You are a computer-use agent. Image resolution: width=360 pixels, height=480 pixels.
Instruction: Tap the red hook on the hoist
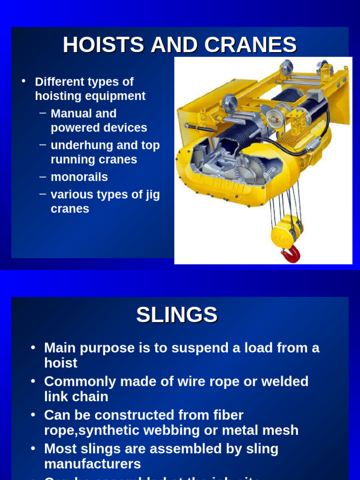(291, 255)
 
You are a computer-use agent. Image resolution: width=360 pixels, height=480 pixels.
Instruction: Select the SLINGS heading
(177, 315)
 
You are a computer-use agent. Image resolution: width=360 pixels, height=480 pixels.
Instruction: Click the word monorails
(79, 177)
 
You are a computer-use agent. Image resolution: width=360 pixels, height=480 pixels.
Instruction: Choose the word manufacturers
(92, 464)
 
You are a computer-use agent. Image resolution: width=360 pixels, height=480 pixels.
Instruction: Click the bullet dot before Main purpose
(33, 348)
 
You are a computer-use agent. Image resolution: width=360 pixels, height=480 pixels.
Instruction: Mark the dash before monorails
(43, 177)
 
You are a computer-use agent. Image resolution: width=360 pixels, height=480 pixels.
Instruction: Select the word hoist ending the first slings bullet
(61, 363)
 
